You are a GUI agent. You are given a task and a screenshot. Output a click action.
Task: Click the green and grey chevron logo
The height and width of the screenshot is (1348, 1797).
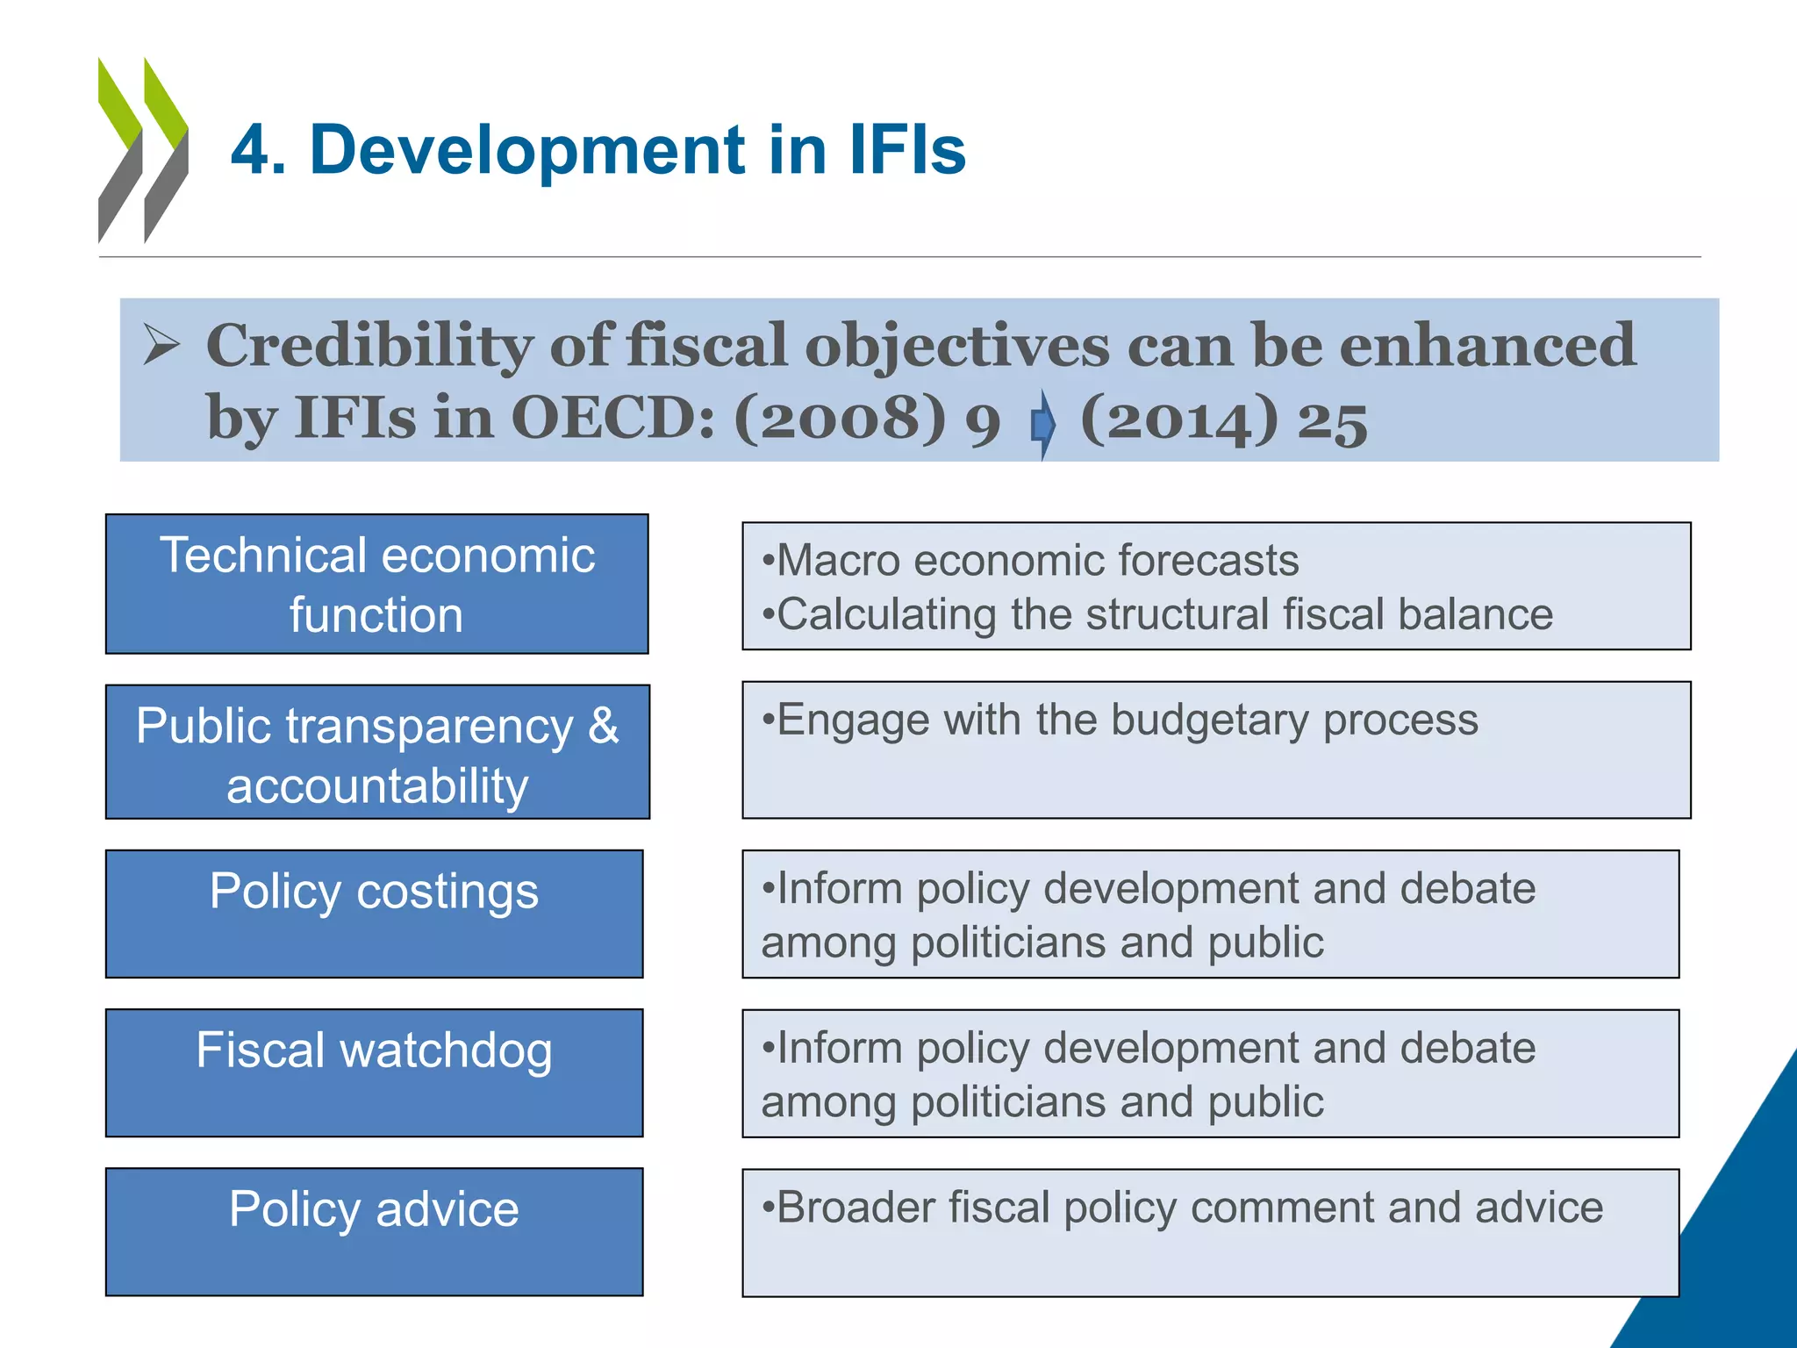pyautogui.click(x=143, y=149)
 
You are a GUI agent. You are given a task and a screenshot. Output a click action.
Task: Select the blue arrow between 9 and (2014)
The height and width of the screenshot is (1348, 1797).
pyautogui.click(x=1042, y=424)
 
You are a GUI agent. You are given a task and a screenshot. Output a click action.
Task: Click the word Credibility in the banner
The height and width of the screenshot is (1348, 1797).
pyautogui.click(x=369, y=346)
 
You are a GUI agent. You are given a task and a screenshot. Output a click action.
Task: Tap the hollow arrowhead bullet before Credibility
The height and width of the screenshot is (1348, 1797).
pyautogui.click(x=161, y=344)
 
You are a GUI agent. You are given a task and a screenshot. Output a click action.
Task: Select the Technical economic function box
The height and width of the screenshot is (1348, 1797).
pyautogui.click(x=376, y=584)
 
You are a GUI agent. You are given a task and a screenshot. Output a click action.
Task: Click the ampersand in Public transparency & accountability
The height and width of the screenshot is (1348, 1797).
pyautogui.click(x=603, y=727)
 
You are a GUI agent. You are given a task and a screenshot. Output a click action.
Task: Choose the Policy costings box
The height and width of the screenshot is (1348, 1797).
pyautogui.click(x=374, y=913)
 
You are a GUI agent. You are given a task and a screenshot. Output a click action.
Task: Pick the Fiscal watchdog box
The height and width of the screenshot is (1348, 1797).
pyautogui.click(x=374, y=1072)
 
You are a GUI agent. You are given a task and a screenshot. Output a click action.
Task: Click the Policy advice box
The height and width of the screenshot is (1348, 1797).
pyautogui.click(x=374, y=1230)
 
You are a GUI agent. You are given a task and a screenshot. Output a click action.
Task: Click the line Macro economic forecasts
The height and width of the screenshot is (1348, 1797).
pyautogui.click(x=1030, y=560)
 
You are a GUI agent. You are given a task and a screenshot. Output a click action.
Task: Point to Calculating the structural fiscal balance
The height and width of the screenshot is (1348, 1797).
pyautogui.click(x=1157, y=614)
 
